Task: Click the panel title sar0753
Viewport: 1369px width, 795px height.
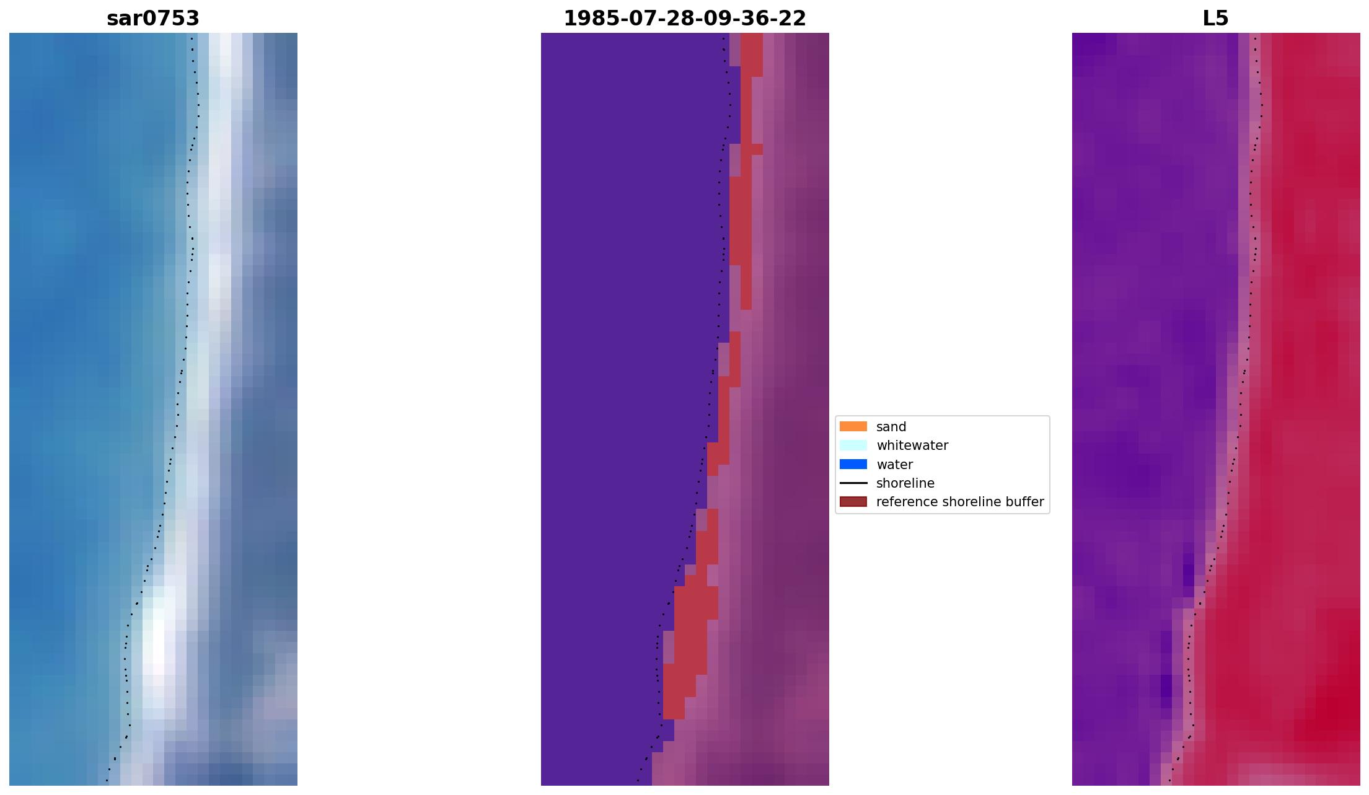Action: coord(153,19)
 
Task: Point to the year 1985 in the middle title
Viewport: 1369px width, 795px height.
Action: coord(587,19)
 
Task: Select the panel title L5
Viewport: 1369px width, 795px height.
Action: coord(1215,19)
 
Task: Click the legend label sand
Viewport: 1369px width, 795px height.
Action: coord(891,427)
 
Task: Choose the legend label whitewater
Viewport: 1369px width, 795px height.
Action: coord(912,446)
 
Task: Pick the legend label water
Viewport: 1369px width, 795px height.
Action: coord(894,465)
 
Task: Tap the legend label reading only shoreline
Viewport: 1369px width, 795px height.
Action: coord(905,483)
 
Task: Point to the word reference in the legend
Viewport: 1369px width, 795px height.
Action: coord(906,502)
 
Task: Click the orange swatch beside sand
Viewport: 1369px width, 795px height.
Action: coord(853,426)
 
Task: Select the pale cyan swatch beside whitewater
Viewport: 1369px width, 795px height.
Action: coord(853,445)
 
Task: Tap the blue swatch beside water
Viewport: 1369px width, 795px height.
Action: coord(853,464)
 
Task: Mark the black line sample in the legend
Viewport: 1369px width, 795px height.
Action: coord(853,483)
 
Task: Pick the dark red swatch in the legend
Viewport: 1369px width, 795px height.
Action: coord(853,501)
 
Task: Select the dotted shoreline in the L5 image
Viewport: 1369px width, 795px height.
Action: coord(1249,310)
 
